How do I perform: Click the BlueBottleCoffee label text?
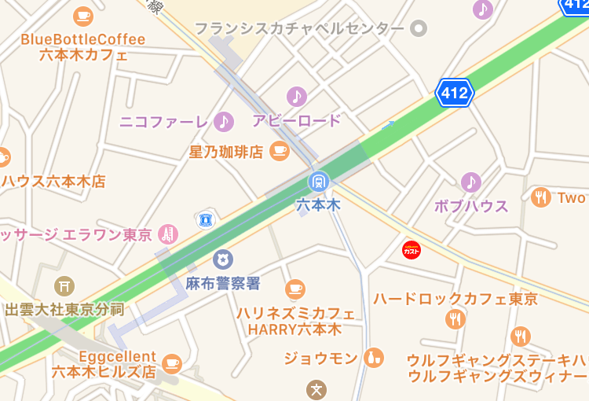point(83,39)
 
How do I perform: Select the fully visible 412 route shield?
point(455,94)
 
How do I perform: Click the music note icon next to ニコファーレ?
point(224,121)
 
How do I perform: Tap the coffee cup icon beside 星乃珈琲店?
point(279,150)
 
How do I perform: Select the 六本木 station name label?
point(318,204)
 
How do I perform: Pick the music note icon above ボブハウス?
point(470,182)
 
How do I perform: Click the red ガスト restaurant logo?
point(412,250)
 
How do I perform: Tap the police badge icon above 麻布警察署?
point(224,259)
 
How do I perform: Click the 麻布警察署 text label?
point(223,283)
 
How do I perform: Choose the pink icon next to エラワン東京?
point(166,234)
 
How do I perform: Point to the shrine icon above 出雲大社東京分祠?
point(64,286)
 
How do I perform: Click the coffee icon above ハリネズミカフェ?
point(295,289)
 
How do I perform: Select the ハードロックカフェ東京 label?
point(455,299)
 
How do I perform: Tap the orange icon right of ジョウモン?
point(374,358)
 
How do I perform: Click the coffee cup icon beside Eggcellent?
point(172,363)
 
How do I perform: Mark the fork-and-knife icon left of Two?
point(540,198)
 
